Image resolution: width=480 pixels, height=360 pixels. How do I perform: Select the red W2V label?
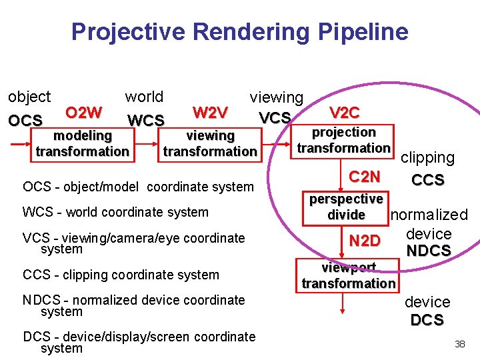tap(210, 111)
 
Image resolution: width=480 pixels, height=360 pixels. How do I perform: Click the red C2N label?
tap(365, 177)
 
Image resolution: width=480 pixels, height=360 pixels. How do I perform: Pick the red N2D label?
tap(365, 241)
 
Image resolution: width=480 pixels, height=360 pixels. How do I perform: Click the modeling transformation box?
tap(82, 143)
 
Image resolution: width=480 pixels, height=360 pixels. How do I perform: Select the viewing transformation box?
tap(210, 143)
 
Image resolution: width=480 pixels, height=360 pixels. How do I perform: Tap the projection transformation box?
tap(344, 140)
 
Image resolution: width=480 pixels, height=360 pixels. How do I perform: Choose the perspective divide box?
tap(346, 207)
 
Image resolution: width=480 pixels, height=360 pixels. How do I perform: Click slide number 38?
tap(459, 344)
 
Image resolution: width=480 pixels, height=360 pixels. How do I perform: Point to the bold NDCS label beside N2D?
tap(428, 251)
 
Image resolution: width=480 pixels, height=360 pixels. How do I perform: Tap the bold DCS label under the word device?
tap(427, 320)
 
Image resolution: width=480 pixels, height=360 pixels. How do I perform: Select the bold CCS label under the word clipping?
tap(427, 181)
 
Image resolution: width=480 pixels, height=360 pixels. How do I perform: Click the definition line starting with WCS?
tap(115, 212)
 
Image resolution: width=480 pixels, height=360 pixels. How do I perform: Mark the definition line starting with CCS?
tap(121, 275)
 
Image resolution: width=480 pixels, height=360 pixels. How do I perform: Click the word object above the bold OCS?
tap(29, 97)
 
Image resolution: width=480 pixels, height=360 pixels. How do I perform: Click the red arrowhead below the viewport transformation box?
tap(343, 310)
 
